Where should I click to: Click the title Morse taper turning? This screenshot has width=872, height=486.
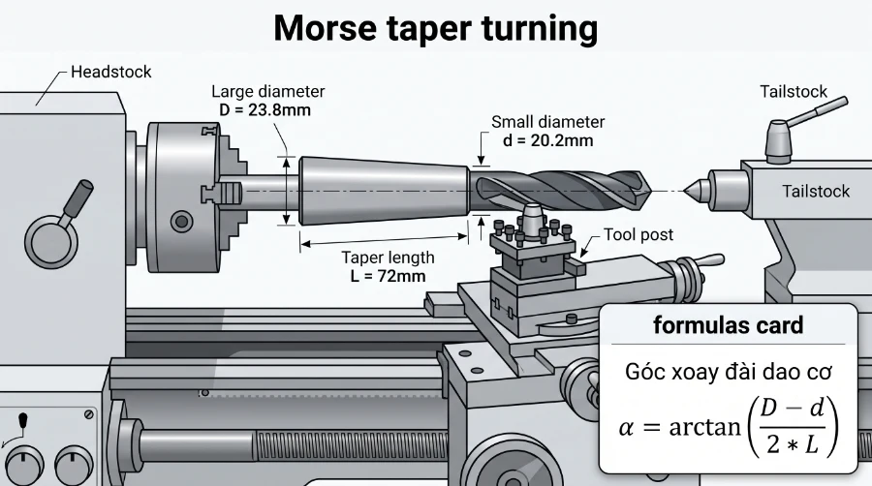436,28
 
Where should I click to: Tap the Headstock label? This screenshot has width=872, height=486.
111,72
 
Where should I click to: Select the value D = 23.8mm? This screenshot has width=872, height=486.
265,110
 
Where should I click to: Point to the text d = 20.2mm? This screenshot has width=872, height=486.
548,140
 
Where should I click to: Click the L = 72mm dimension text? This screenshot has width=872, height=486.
389,276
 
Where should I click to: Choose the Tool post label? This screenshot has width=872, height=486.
638,234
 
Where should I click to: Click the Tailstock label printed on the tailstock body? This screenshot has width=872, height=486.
816,191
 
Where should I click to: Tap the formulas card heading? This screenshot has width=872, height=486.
728,325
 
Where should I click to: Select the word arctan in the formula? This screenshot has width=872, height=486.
705,428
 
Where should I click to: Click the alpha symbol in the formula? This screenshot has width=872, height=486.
626,428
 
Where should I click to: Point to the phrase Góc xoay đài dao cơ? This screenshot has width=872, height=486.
728,372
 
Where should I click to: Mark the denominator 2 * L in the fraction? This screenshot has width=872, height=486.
793,443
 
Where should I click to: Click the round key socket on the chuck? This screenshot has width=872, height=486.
181,222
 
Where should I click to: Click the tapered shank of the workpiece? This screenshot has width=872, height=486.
385,191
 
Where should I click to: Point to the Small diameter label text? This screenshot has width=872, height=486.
547,122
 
